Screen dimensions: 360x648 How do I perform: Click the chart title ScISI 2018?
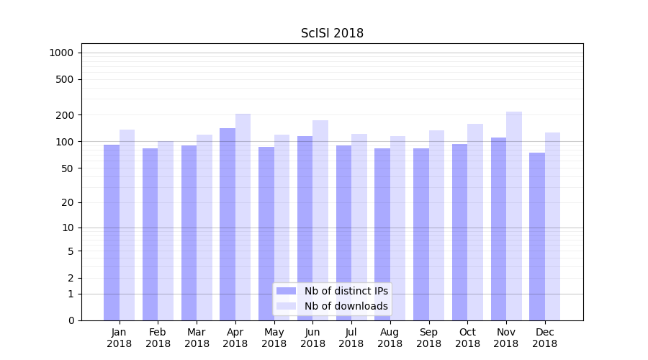tap(332, 33)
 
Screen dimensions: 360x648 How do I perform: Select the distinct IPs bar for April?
tap(228, 224)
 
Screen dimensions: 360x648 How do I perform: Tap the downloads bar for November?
tap(514, 216)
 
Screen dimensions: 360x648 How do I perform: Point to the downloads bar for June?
tap(320, 220)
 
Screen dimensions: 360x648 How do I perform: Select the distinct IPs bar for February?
tap(150, 234)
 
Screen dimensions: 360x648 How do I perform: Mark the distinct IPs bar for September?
tap(421, 234)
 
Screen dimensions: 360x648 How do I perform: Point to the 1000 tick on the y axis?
tap(61, 53)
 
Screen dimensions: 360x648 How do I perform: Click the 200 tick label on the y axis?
tap(64, 115)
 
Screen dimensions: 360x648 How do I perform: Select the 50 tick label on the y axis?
tap(67, 168)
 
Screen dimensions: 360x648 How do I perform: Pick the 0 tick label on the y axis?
tap(71, 320)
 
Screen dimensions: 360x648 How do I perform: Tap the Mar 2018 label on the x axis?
tap(197, 338)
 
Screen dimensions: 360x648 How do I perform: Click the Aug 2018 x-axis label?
tap(390, 338)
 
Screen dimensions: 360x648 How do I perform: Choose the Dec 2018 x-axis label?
tap(545, 338)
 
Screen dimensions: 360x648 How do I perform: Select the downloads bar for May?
tap(282, 228)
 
